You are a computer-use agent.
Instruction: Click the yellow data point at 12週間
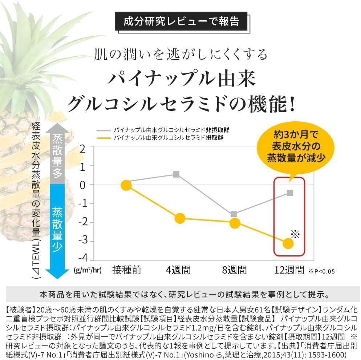point(288,243)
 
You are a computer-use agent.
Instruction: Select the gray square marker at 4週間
point(176,174)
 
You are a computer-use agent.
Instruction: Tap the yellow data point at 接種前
point(126,185)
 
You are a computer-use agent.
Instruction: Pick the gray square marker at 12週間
point(290,193)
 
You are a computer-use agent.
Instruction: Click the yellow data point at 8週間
point(235,223)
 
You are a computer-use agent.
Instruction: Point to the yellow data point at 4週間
point(179,218)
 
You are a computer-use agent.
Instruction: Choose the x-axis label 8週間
point(235,270)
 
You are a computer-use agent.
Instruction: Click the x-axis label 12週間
point(289,270)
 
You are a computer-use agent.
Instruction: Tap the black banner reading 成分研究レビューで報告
point(181,21)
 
